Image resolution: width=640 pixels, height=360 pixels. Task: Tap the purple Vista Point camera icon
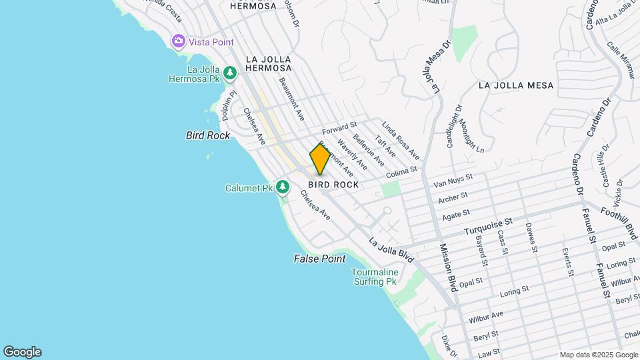click(x=178, y=41)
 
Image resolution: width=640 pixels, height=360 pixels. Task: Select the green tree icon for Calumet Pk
click(x=283, y=187)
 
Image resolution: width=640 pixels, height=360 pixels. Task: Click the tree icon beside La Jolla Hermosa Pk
click(x=230, y=73)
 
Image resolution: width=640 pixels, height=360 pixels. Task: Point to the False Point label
click(x=320, y=259)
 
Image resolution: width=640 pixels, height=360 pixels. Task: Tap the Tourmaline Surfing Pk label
click(x=375, y=277)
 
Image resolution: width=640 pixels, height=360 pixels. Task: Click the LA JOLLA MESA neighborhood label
click(x=516, y=85)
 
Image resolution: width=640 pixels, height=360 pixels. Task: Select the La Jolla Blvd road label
click(x=391, y=249)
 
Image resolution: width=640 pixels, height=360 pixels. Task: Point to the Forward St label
click(x=340, y=127)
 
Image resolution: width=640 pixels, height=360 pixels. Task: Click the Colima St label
click(x=401, y=172)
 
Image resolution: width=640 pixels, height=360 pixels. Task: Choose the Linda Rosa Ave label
click(x=400, y=140)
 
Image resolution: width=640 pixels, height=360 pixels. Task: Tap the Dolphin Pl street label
click(x=229, y=105)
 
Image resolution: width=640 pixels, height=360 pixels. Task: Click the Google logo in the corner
click(x=22, y=352)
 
